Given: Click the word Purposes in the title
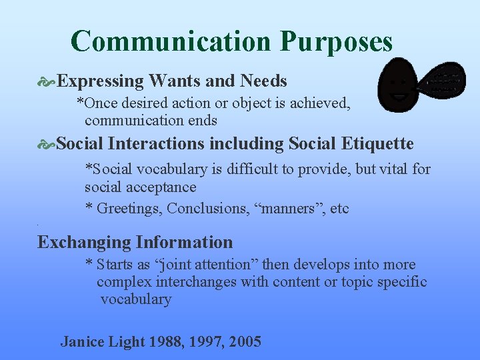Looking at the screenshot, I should (x=336, y=42).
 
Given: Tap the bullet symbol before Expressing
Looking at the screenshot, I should (x=47, y=82).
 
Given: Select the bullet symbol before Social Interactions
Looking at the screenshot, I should (x=47, y=144).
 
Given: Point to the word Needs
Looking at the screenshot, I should (x=263, y=81).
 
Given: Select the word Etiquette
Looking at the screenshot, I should (x=378, y=144).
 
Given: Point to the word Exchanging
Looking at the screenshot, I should (x=84, y=242).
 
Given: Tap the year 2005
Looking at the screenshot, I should (x=245, y=342).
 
